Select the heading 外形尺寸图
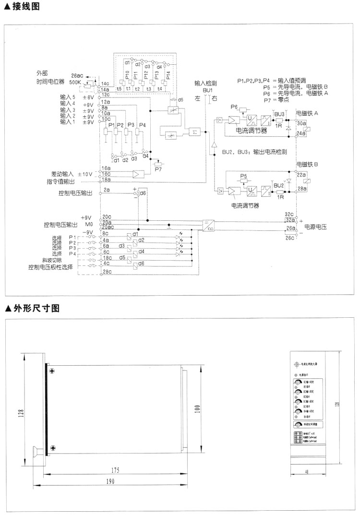coord(33,308)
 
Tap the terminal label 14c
coord(105,84)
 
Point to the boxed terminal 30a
coord(301,124)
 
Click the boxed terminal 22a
coord(301,176)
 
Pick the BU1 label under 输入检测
coord(207,90)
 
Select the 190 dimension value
coord(110,482)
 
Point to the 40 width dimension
coord(307,472)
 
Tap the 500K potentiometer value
coord(75,82)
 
